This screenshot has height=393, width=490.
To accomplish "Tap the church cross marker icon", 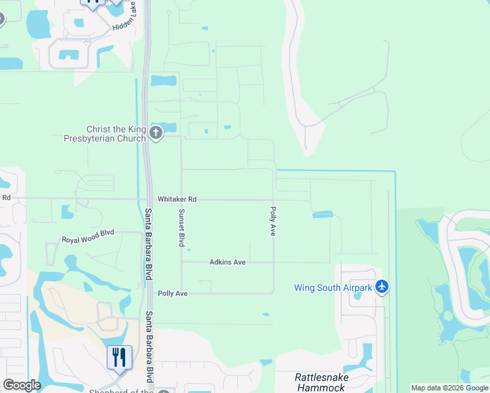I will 156,134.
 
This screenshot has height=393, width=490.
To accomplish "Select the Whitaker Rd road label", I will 177,199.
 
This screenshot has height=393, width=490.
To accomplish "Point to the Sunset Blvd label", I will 181,228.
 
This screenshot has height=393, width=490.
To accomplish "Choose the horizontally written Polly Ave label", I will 173,293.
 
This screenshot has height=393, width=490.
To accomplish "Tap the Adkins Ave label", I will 227,262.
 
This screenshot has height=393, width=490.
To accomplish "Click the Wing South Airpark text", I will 333,288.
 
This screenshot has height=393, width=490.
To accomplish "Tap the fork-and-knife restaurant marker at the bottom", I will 119,358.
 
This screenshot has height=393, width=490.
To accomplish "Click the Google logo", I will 22,385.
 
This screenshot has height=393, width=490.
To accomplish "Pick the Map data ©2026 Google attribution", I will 450,388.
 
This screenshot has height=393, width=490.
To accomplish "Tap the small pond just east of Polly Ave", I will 322,214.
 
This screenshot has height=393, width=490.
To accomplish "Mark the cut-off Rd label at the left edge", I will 6,197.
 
